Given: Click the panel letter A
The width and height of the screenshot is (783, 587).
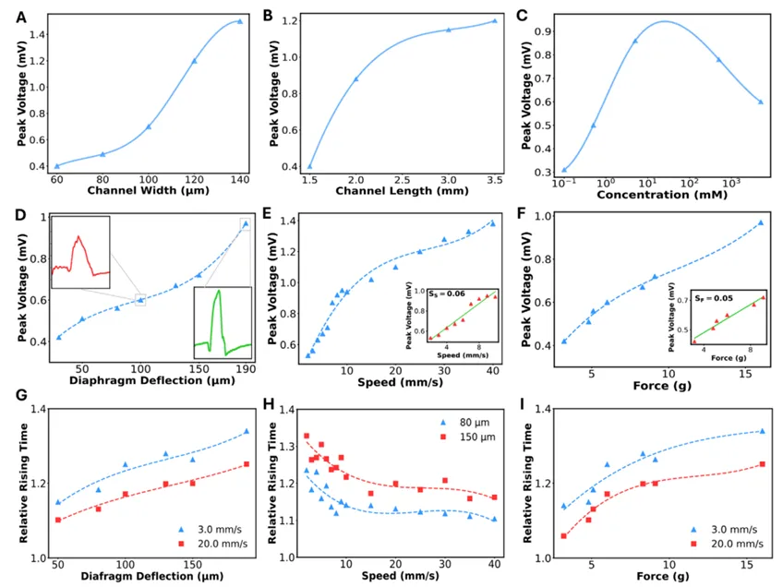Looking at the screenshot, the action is tap(21, 18).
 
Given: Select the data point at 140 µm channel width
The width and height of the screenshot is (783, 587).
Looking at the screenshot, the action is tap(240, 21).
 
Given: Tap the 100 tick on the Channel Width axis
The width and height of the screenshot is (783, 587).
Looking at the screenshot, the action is tap(149, 179).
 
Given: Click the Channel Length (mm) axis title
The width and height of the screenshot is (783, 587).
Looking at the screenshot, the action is tap(402, 191).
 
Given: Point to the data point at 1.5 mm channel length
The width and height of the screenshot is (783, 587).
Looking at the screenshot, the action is tap(309, 166).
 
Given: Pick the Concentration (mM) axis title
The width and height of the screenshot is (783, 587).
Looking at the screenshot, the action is tap(662, 195).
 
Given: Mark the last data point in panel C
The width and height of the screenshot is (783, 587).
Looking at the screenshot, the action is tap(761, 102).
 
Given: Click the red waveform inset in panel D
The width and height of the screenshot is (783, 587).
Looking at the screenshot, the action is tap(81, 252).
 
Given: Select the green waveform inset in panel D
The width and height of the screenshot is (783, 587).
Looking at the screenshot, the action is tap(223, 323).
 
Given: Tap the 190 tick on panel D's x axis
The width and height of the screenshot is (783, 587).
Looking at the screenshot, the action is tap(246, 369).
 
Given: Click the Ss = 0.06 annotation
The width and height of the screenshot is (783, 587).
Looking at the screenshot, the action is tap(447, 294).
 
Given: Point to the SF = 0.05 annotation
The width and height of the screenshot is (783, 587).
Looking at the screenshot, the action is tap(714, 298).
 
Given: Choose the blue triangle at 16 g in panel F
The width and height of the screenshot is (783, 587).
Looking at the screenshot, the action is tap(761, 223).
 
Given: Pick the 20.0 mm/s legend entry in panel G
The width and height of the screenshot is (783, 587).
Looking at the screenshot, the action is tap(213, 544).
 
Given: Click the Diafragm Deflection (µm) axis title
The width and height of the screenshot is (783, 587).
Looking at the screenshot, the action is tap(152, 576).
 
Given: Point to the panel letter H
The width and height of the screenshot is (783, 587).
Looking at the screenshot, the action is tap(269, 403).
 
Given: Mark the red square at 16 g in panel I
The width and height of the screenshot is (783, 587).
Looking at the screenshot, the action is tap(763, 464).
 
